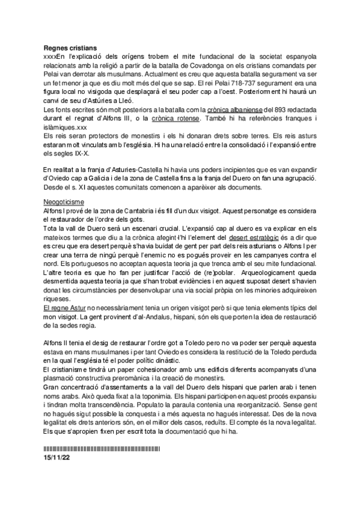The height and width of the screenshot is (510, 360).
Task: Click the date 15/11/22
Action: click(x=58, y=457)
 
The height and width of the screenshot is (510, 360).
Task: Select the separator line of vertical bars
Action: click(x=102, y=449)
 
